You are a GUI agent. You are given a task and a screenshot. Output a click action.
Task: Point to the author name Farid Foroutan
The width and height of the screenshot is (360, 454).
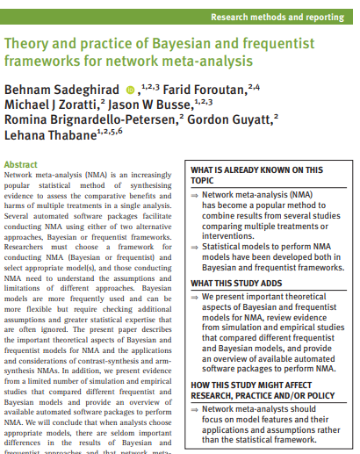click(201, 91)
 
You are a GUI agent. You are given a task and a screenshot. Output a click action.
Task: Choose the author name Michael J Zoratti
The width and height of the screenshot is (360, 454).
click(51, 107)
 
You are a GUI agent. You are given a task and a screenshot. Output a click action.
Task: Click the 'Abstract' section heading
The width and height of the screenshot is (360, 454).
click(21, 164)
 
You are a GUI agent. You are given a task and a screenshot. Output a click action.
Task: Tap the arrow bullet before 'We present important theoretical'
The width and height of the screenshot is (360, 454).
click(195, 298)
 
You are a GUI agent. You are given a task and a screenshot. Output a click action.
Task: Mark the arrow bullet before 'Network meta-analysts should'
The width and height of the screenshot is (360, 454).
click(195, 409)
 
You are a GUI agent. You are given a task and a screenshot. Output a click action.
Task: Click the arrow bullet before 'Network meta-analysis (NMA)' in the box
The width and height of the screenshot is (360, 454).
click(195, 194)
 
